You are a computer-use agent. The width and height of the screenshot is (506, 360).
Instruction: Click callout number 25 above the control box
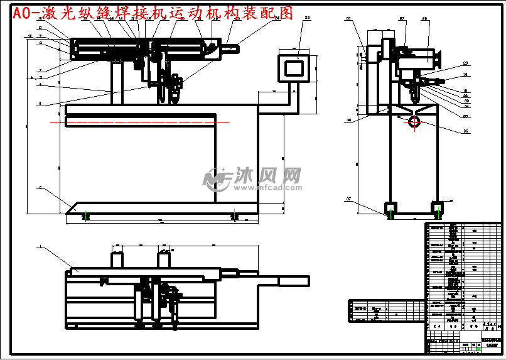click(306, 18)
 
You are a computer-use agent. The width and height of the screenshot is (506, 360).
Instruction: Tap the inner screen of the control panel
click(293, 67)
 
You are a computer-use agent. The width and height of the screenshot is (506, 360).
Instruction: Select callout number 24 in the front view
click(276, 18)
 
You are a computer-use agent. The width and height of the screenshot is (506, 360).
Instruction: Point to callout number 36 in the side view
click(465, 131)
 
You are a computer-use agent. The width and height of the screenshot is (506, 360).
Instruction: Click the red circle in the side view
click(414, 121)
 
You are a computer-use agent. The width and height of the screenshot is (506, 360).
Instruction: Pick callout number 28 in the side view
click(424, 19)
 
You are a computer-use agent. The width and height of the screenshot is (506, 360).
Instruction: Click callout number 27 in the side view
click(402, 19)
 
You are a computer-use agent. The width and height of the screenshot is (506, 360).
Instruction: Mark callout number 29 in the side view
click(465, 63)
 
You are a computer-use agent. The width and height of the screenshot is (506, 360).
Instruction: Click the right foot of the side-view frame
click(437, 207)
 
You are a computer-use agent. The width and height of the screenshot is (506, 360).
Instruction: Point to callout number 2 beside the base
click(40, 187)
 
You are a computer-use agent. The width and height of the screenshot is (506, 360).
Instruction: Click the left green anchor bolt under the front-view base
click(86, 215)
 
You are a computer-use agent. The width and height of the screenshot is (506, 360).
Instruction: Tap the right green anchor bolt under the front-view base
click(234, 215)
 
